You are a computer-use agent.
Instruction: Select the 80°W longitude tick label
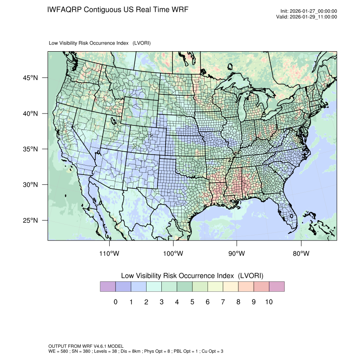coord(301,254)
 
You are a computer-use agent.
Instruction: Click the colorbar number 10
coord(269,302)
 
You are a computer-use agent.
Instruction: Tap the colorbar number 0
coord(115,302)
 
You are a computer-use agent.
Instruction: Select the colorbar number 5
coord(192,302)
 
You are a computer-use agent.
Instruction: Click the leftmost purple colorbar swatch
coord(108,287)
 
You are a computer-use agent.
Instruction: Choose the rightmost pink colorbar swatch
coord(277,287)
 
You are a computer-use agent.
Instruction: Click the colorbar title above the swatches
coord(192,276)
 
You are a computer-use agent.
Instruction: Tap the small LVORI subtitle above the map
coord(100,43)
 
